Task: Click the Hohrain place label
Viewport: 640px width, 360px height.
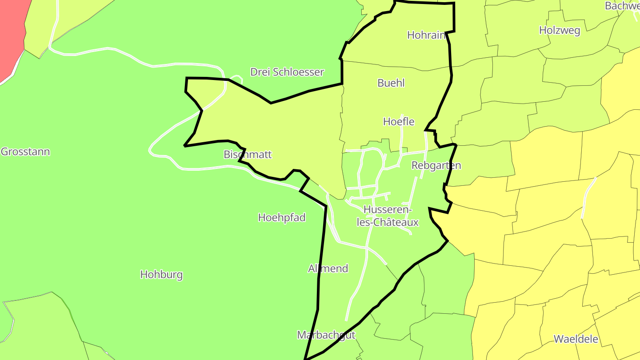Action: click(426, 35)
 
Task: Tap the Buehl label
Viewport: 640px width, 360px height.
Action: click(391, 83)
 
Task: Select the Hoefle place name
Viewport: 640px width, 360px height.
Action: click(399, 121)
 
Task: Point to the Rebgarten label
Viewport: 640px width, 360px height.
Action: click(436, 165)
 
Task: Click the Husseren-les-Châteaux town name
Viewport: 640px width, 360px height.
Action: click(388, 216)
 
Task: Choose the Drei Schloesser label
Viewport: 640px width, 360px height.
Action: click(287, 72)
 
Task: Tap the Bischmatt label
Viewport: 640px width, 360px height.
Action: click(248, 155)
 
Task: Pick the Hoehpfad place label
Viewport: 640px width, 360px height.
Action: click(282, 217)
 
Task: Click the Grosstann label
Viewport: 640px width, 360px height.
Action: click(25, 152)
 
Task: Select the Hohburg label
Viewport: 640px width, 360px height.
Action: click(161, 274)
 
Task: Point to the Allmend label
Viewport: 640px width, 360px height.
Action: click(328, 268)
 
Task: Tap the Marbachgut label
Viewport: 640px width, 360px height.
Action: click(326, 335)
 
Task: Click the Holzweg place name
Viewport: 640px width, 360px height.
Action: click(560, 30)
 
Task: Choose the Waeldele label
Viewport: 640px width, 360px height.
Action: click(576, 339)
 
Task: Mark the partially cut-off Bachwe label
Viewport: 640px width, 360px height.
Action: click(622, 6)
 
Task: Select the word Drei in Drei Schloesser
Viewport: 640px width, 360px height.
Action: click(260, 72)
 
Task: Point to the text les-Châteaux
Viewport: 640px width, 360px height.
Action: click(388, 222)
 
